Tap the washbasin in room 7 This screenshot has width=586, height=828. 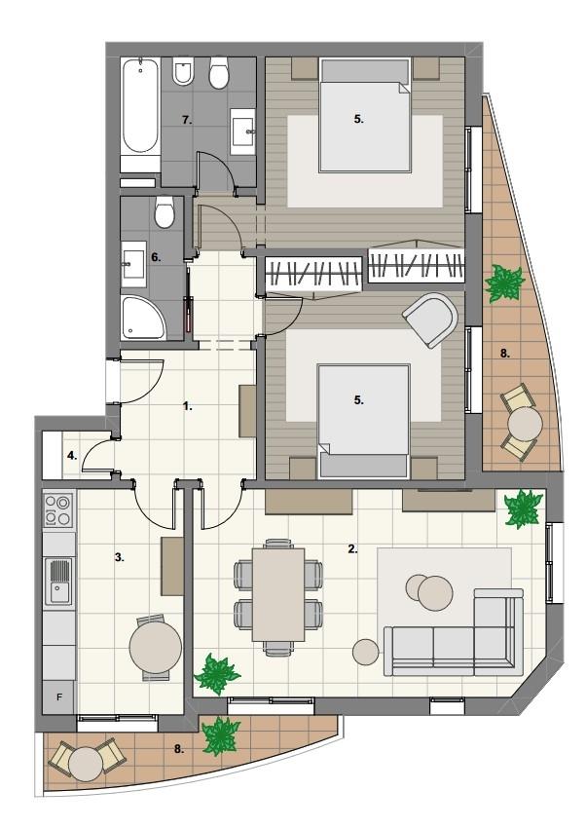243,129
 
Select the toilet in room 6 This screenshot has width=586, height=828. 165,212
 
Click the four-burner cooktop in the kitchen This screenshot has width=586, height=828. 58,509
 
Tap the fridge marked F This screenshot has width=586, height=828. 59,697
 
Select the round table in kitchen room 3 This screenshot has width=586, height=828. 156,647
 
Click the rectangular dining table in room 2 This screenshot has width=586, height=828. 278,594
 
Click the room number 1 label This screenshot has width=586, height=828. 188,406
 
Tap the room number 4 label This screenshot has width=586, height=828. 72,456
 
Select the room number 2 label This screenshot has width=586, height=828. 352,548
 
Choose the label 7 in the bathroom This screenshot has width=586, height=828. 186,121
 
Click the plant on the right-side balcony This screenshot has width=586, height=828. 504,283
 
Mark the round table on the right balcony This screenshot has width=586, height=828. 526,423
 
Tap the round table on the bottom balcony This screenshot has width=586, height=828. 86,764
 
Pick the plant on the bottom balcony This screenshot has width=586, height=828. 221,735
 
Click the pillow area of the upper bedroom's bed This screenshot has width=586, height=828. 365,71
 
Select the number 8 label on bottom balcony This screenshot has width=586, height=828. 179,748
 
